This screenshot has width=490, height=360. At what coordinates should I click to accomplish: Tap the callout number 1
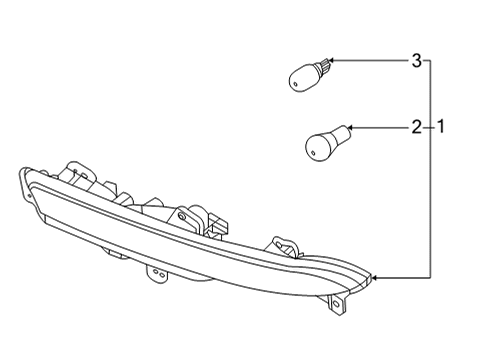coord(440,127)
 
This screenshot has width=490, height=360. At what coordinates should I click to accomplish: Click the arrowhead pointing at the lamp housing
coord(373,275)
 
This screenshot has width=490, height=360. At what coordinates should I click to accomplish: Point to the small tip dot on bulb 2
coord(306,151)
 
